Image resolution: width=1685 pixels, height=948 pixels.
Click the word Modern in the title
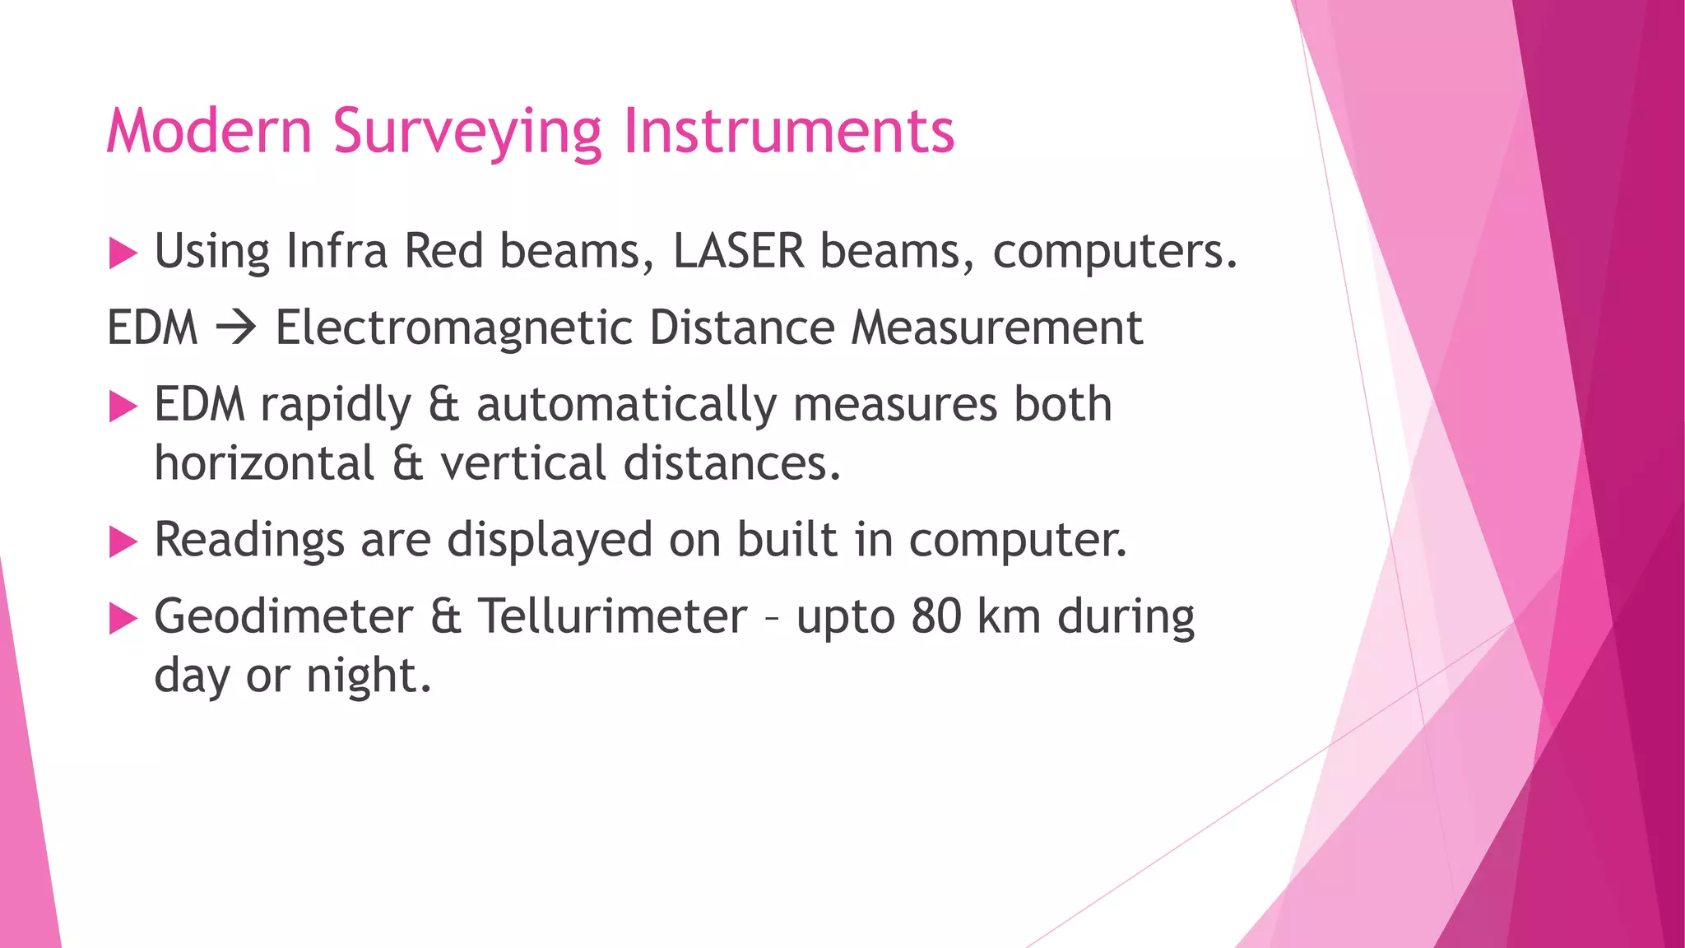pos(209,131)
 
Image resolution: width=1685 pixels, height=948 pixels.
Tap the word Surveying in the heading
pos(467,131)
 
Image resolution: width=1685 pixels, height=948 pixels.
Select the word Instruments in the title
pos(788,131)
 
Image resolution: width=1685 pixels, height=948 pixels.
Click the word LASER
pos(738,251)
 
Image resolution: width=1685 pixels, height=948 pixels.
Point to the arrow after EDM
pos(236,328)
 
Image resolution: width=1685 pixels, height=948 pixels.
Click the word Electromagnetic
pos(453,328)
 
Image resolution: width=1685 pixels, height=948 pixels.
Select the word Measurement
pos(996,328)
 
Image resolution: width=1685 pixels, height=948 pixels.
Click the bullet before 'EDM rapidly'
pos(123,406)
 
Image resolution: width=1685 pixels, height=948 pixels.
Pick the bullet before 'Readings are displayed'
pos(123,541)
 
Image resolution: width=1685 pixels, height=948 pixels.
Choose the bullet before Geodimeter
pos(123,618)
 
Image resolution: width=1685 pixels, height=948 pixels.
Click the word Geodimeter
pos(284,616)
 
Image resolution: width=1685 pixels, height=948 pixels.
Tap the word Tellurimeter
pos(613,616)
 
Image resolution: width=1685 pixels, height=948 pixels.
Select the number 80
pos(935,616)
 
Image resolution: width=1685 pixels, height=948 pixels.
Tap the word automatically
pos(626,405)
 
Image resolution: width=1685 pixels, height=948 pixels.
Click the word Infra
pos(336,251)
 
